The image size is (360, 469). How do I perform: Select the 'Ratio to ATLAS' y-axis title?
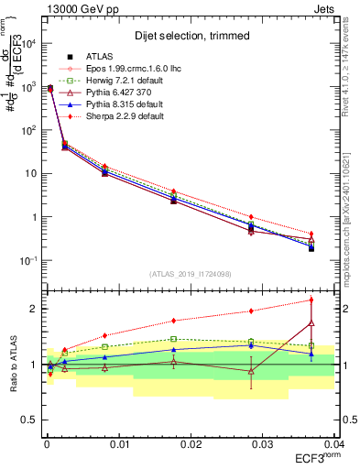[x=11, y=365]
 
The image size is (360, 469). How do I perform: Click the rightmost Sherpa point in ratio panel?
[x=311, y=300]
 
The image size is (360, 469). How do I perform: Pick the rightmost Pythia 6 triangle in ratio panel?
[x=311, y=322]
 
